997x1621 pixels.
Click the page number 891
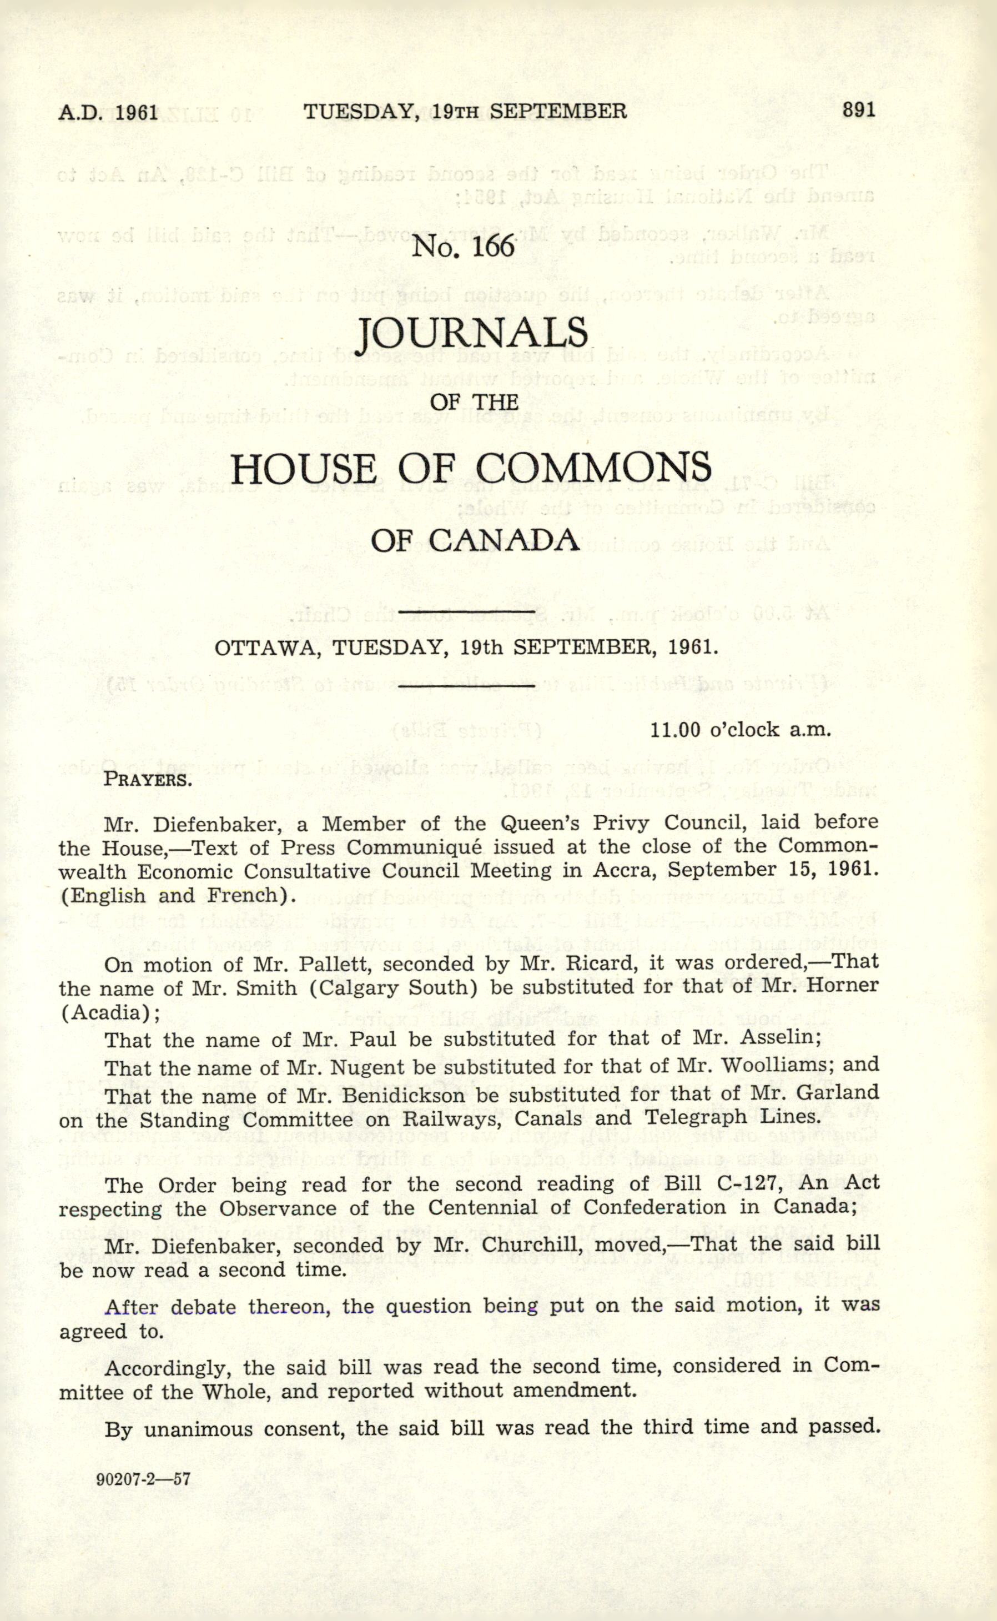859,110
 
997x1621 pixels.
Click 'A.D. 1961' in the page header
108,112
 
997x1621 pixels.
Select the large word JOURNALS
471,334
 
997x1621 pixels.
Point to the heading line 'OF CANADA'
475,541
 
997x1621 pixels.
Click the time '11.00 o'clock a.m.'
740,730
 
